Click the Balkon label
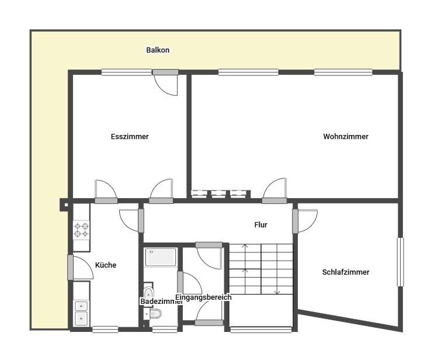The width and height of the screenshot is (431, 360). coord(158,50)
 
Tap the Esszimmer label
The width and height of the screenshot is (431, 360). coord(130,136)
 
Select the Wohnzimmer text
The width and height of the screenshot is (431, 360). coord(346,136)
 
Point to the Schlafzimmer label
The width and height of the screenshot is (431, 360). coord(346,272)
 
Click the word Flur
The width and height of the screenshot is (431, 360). coord(260,224)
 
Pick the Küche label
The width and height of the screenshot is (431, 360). coord(106,265)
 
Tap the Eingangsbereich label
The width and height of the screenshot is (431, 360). coord(203,297)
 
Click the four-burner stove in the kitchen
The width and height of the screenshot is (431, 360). coord(81,230)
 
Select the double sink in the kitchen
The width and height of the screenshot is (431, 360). coord(81,313)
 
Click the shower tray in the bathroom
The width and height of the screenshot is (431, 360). coord(161,257)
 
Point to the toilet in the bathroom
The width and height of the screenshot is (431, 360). coord(154,313)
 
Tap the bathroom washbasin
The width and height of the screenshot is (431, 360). coord(148,292)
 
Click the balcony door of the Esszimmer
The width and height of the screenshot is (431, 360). coord(165,82)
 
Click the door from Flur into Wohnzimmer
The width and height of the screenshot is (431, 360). coord(274,191)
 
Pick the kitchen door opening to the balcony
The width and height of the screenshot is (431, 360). coord(80,267)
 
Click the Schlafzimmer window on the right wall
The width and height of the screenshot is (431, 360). coord(401,262)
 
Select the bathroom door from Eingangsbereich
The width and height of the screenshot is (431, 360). coord(190,283)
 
